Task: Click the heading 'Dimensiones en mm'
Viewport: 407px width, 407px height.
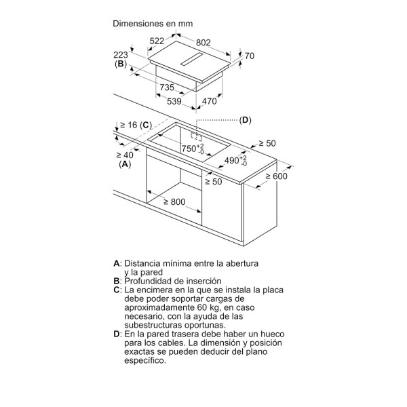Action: tap(153, 24)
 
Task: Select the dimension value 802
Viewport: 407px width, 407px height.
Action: tap(203, 42)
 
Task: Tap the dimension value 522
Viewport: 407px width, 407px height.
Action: tap(157, 41)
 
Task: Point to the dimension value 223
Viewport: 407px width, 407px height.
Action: tap(121, 55)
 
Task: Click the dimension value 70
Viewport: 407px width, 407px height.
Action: tap(249, 56)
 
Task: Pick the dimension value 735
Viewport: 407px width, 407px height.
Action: tap(167, 88)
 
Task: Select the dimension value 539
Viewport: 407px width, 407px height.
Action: tap(174, 101)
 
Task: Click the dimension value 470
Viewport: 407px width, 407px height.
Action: tap(209, 101)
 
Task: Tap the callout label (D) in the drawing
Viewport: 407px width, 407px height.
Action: tap(246, 120)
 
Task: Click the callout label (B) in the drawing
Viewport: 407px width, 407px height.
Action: tap(121, 64)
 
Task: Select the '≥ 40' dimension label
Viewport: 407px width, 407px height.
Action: tap(125, 155)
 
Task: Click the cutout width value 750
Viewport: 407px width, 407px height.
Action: tap(189, 149)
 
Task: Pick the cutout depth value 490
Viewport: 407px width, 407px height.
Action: tap(232, 160)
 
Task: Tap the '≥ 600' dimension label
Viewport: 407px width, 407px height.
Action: tap(277, 176)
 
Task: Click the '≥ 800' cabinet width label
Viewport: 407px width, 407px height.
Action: tap(175, 201)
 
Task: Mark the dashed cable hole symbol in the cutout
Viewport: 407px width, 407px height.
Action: tap(197, 136)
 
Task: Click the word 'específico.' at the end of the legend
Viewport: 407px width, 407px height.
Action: tap(145, 361)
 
